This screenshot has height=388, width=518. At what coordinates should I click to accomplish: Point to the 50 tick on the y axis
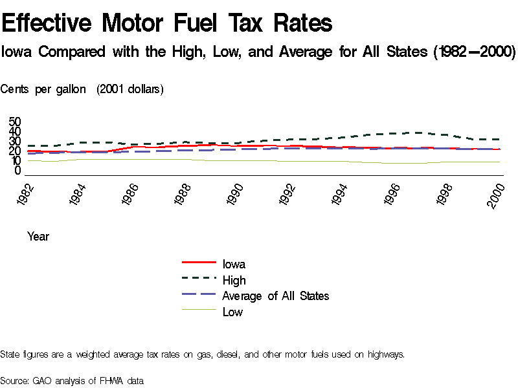click(15, 122)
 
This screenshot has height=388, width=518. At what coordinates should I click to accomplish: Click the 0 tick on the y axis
click(18, 171)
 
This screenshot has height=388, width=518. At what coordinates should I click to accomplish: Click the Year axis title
click(38, 237)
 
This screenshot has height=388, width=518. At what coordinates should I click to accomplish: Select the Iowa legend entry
click(233, 264)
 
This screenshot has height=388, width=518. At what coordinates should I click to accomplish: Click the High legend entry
click(234, 280)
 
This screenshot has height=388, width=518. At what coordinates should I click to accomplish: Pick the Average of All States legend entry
click(275, 296)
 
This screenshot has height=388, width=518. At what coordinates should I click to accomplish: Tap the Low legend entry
click(232, 312)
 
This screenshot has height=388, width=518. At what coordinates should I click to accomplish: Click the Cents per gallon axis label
click(43, 89)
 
